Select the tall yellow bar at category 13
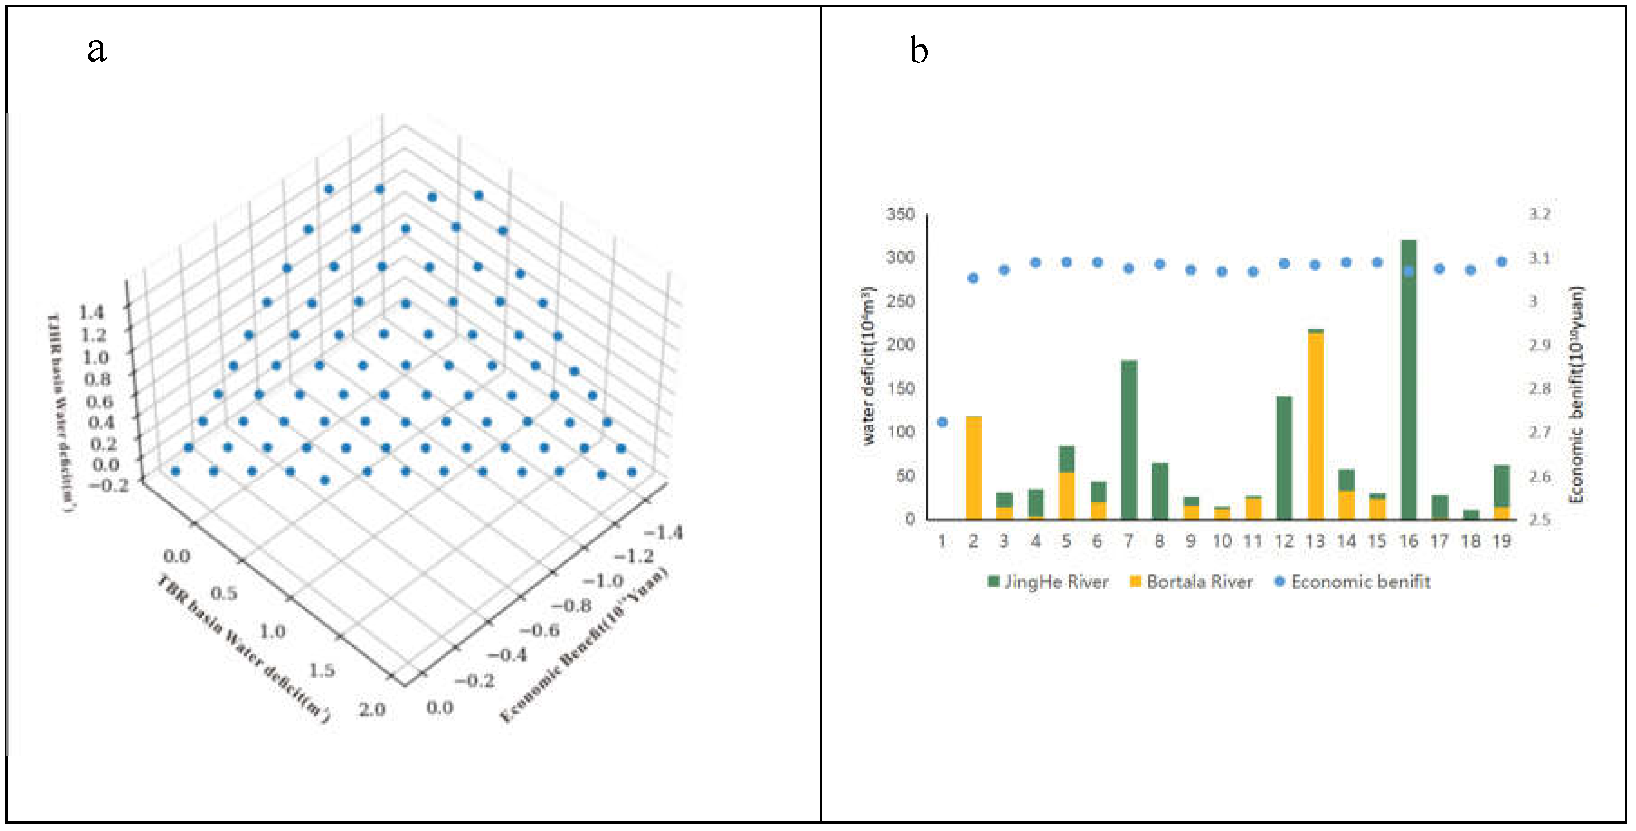click(1315, 425)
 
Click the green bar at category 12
click(1284, 458)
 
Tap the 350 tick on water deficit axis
click(901, 214)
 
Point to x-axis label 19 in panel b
click(1501, 541)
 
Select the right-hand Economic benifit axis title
click(1576, 394)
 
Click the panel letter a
click(96, 49)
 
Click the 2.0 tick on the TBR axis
click(371, 709)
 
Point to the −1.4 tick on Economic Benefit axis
click(664, 532)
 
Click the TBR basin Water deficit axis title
click(243, 648)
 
